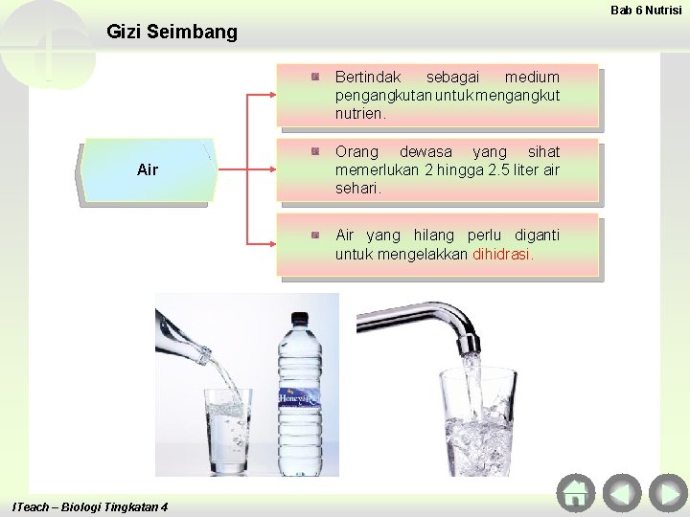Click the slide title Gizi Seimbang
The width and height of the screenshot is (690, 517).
point(172,32)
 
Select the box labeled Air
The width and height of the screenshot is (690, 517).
point(148,170)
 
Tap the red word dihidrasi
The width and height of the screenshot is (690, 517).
point(503,255)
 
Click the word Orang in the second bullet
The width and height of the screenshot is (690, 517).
point(356,151)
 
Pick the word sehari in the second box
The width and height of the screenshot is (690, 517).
point(356,189)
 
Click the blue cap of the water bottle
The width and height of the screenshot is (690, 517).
point(300,319)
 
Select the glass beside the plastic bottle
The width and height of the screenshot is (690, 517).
point(228,431)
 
